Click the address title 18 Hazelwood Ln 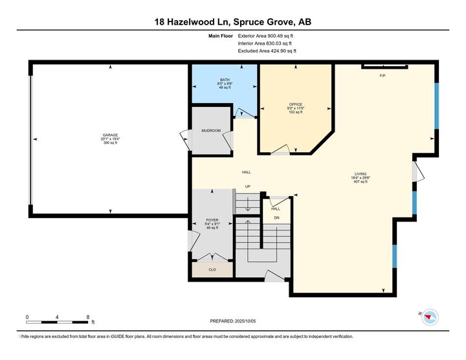(x=232, y=21)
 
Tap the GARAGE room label (x=110, y=135)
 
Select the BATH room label (x=225, y=80)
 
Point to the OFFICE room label (x=296, y=104)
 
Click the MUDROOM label (x=211, y=131)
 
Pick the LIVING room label (x=361, y=174)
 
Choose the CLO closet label (x=212, y=269)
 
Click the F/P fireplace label (x=383, y=76)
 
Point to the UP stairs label (x=247, y=187)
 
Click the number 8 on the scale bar (x=87, y=317)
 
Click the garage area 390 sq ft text (x=110, y=142)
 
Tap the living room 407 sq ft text (x=361, y=181)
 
